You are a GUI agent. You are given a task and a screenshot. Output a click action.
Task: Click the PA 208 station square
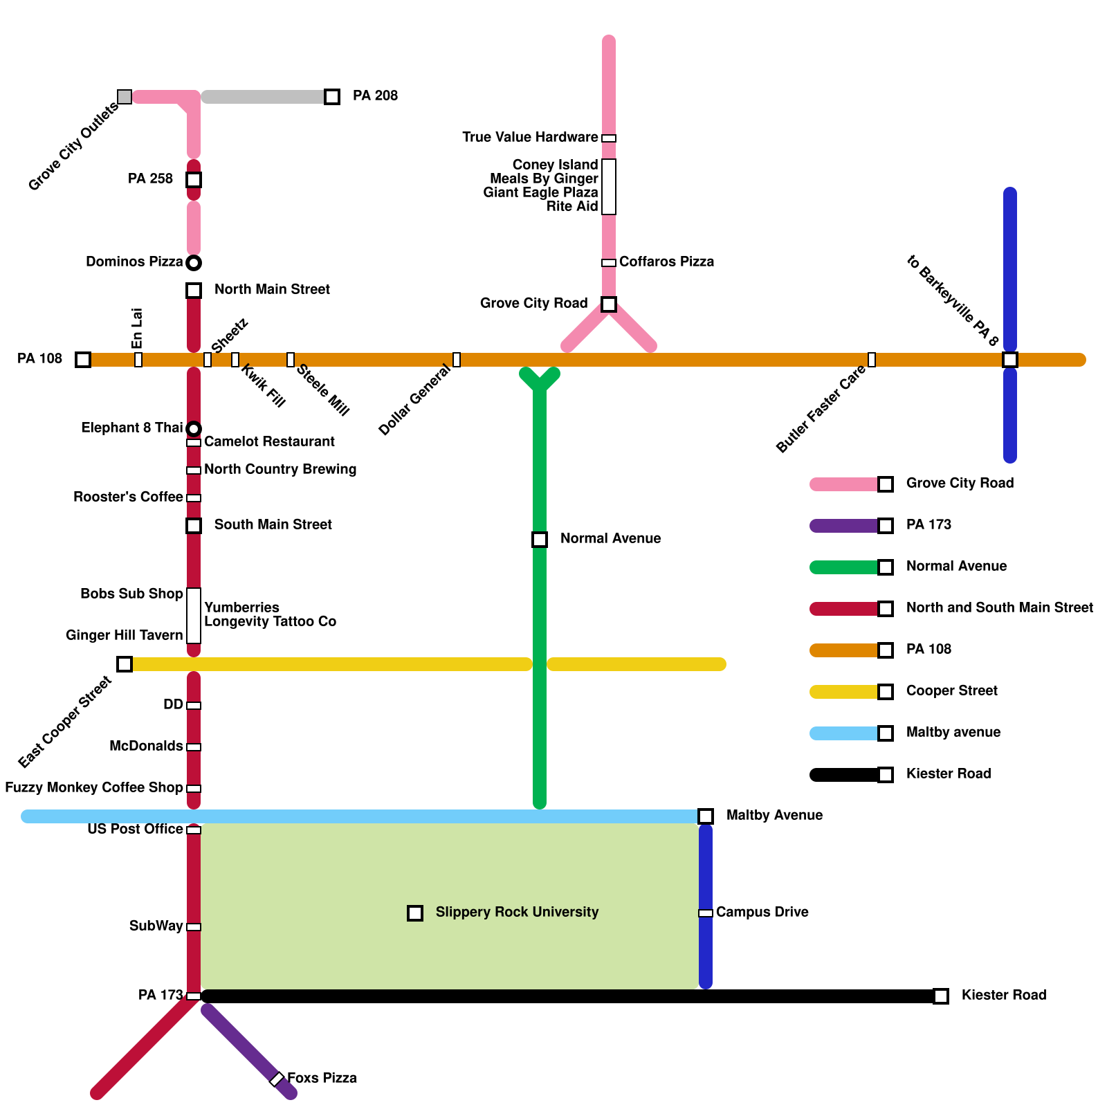coord(332,97)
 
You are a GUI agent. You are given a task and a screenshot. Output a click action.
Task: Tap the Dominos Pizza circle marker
coord(194,263)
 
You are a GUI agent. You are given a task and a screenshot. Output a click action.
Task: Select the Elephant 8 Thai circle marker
coord(194,429)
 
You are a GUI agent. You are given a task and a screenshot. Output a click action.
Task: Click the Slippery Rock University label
coord(517,912)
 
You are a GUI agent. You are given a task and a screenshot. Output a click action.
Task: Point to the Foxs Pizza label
coord(322,1078)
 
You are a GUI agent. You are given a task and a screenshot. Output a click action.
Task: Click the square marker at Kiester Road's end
coord(941,996)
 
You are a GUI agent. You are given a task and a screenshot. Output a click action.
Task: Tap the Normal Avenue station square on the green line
coord(540,540)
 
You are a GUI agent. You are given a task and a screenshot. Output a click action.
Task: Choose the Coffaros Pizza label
coord(666,262)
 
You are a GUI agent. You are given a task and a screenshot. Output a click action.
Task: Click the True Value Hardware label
coord(530,137)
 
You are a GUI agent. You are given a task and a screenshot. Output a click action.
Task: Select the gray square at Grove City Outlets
coord(125,97)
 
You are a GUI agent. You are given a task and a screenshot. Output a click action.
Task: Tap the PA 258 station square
coord(194,180)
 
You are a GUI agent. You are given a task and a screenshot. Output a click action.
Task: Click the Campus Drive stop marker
coord(706,913)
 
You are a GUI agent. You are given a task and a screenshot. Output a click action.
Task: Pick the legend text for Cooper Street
coord(951,690)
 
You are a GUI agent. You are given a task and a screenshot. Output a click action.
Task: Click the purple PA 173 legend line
coord(844,526)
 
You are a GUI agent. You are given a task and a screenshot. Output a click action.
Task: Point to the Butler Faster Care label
coord(821,409)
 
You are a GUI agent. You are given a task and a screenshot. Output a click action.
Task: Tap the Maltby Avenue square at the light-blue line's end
coord(706,816)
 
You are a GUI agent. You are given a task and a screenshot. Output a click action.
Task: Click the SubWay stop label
coord(156,926)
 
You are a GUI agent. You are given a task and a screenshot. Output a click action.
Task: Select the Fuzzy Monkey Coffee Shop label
coord(93,787)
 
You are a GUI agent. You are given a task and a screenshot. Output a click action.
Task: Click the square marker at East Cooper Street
coord(125,664)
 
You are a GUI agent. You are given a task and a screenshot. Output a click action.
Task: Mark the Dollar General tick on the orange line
coord(457,360)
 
